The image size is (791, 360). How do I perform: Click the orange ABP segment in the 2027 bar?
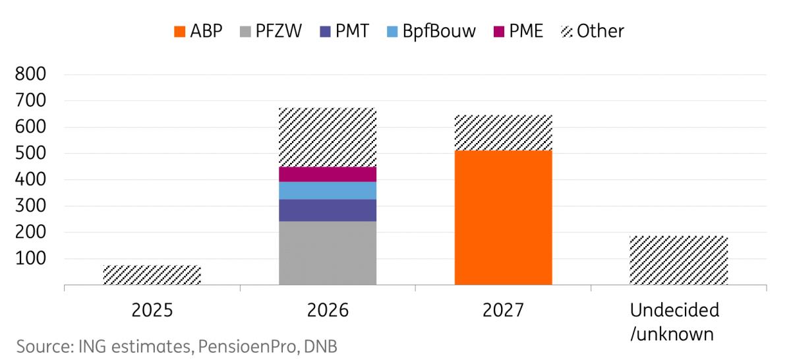pyautogui.click(x=504, y=218)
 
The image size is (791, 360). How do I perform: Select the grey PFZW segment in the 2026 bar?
pyautogui.click(x=328, y=253)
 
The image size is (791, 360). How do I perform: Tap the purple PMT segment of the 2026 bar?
pyautogui.click(x=328, y=210)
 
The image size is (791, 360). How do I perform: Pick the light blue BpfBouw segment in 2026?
pyautogui.click(x=328, y=190)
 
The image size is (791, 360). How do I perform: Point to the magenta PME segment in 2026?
pyautogui.click(x=328, y=173)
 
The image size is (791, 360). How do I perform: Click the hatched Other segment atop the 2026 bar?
pyautogui.click(x=328, y=137)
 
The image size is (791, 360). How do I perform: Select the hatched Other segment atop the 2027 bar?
pyautogui.click(x=504, y=133)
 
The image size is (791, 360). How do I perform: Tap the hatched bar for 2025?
pyautogui.click(x=152, y=275)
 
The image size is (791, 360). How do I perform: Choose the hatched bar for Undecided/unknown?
pyautogui.click(x=679, y=260)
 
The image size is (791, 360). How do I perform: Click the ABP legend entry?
pyautogui.click(x=198, y=31)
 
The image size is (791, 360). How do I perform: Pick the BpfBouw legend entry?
pyautogui.click(x=431, y=31)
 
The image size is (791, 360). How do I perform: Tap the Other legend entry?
pyautogui.click(x=591, y=31)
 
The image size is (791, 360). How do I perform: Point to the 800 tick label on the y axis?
pyautogui.click(x=32, y=75)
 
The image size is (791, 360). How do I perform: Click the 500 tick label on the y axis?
pyautogui.click(x=32, y=154)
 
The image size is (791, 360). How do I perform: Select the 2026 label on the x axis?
pyautogui.click(x=328, y=310)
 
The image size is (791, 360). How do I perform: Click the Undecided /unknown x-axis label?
pyautogui.click(x=674, y=322)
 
